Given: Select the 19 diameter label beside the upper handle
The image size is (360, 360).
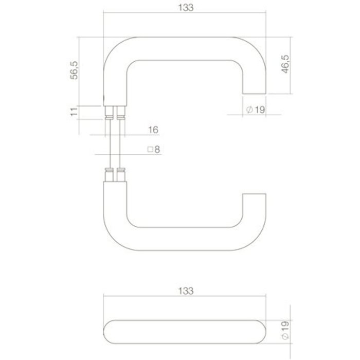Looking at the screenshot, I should (259, 109).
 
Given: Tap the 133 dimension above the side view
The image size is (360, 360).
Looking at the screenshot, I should (187, 291).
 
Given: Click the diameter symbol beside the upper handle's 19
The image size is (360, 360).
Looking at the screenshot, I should (249, 110).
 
